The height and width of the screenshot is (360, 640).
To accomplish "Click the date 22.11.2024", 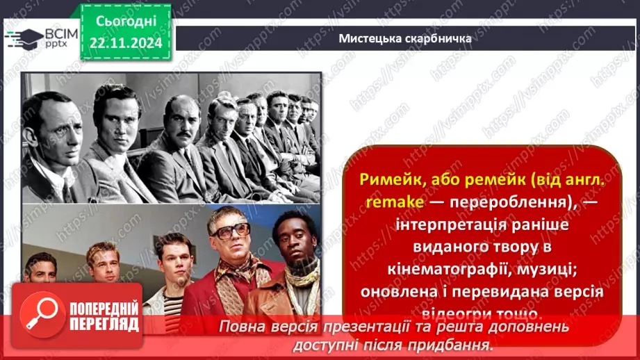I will coord(126,43).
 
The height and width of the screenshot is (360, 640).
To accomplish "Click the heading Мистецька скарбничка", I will coord(405,38).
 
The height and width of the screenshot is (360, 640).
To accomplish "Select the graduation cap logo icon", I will coord(22,38).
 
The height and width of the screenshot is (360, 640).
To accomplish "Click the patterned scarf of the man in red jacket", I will coord(229,271).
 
